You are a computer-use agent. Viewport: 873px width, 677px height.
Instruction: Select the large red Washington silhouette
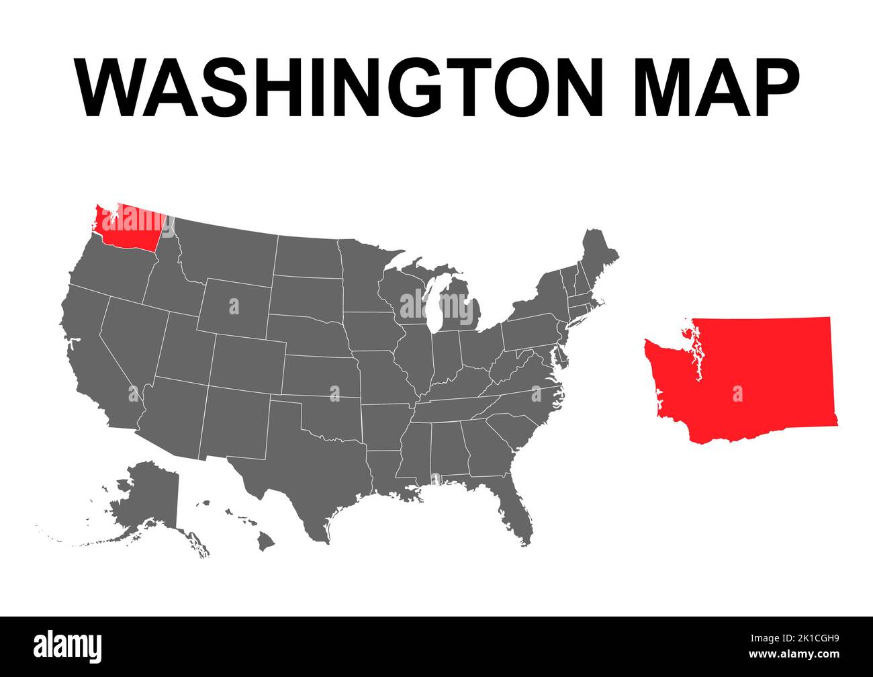pos(752,383)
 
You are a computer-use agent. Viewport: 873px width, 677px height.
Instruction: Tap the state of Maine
pos(598,255)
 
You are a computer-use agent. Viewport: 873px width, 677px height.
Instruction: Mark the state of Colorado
pos(248,363)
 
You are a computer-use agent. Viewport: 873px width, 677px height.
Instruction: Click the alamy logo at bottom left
pos(68,646)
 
